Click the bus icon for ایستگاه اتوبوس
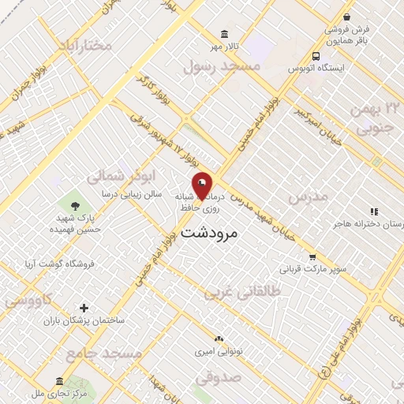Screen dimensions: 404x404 coord(316,56)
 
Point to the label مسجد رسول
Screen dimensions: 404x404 coord(222,68)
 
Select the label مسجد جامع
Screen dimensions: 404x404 coord(105,353)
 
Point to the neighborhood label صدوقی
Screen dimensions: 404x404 coord(216,378)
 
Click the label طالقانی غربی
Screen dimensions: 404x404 coord(243,293)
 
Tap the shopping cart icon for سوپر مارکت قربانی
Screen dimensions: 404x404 coord(312,256)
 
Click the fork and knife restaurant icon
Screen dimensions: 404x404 coord(374,211)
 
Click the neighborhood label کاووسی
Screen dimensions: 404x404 coord(28,301)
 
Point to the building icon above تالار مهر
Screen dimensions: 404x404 coord(226,34)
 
